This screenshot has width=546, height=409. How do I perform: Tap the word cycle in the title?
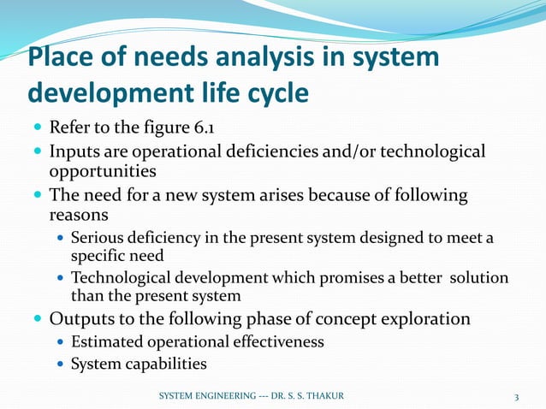[272, 92]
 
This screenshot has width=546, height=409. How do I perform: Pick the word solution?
[476, 278]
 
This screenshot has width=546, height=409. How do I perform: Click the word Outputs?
[84, 319]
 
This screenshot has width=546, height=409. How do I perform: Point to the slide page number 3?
[517, 396]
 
